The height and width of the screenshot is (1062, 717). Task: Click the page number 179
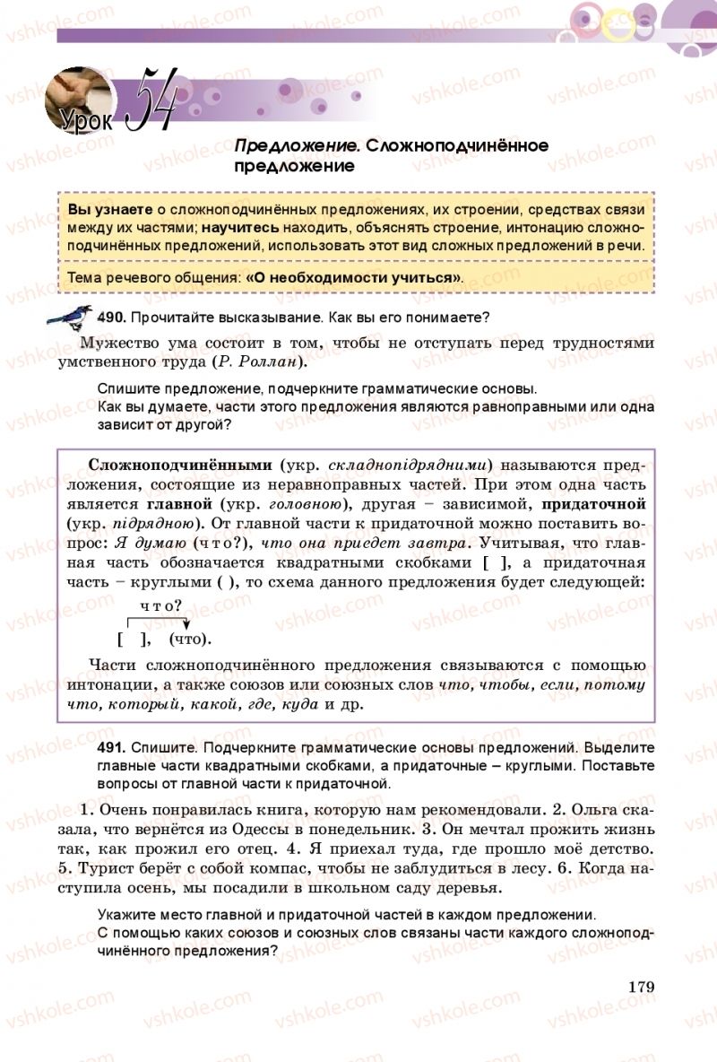[642, 987]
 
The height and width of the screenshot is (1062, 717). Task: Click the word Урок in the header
[86, 118]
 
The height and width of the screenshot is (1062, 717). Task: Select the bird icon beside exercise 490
[68, 317]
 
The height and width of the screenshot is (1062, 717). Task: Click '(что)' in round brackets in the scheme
[190, 639]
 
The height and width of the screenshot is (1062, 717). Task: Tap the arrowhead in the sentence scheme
[186, 625]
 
